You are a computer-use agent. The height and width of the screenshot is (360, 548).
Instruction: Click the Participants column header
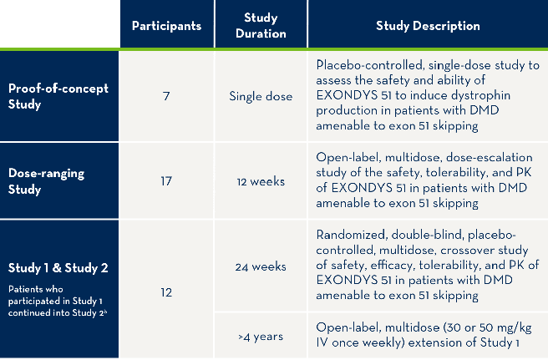coord(166,25)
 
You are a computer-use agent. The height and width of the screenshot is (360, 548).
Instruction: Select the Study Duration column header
coord(261,25)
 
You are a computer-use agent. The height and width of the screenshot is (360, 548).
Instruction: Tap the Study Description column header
coord(428,25)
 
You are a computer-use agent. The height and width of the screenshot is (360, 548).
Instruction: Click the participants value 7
coord(166,96)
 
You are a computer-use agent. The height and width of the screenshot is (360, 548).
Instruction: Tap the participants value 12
coord(166,292)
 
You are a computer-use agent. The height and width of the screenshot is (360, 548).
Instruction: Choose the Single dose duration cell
coord(261,96)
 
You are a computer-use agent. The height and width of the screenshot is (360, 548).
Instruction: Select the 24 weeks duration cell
coord(261,268)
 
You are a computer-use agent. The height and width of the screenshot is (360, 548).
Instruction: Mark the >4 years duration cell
coord(261,337)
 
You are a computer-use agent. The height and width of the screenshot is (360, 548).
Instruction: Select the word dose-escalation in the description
coord(489,156)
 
